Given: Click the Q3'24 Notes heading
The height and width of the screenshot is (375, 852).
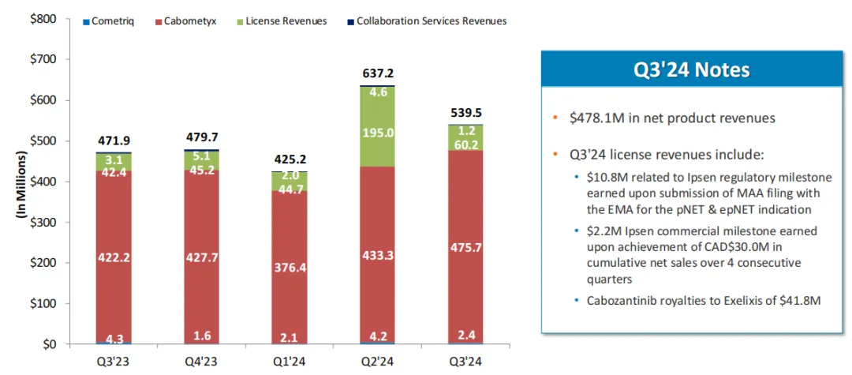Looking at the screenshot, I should pos(693,70).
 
